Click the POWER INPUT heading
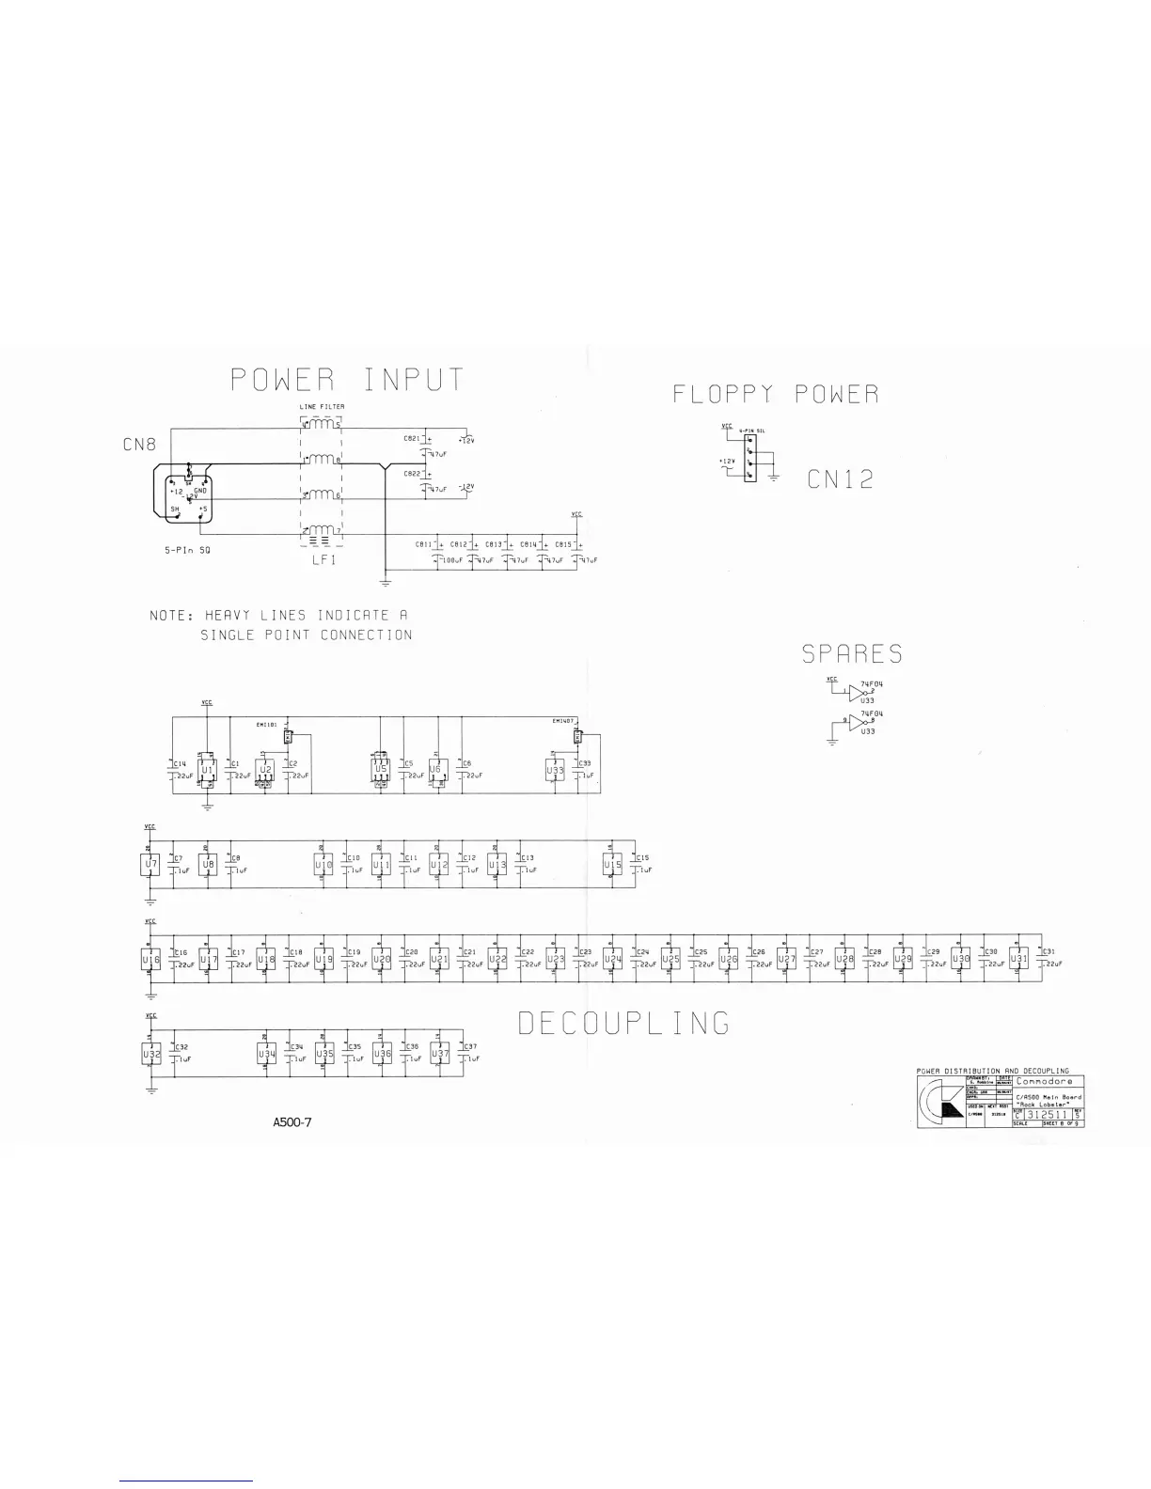click(x=347, y=380)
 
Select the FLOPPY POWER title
click(x=776, y=394)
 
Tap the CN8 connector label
click(x=139, y=444)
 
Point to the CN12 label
click(x=840, y=479)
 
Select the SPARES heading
click(x=852, y=653)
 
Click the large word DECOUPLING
click(x=624, y=1023)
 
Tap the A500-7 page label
click(x=292, y=1121)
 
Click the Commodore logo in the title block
click(x=939, y=1102)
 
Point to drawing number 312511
click(x=1047, y=1116)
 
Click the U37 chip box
click(x=440, y=1055)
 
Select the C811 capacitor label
click(x=423, y=544)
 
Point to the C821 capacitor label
click(x=411, y=438)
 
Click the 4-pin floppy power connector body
click(x=749, y=464)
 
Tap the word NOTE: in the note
click(x=171, y=616)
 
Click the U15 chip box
click(x=613, y=864)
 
